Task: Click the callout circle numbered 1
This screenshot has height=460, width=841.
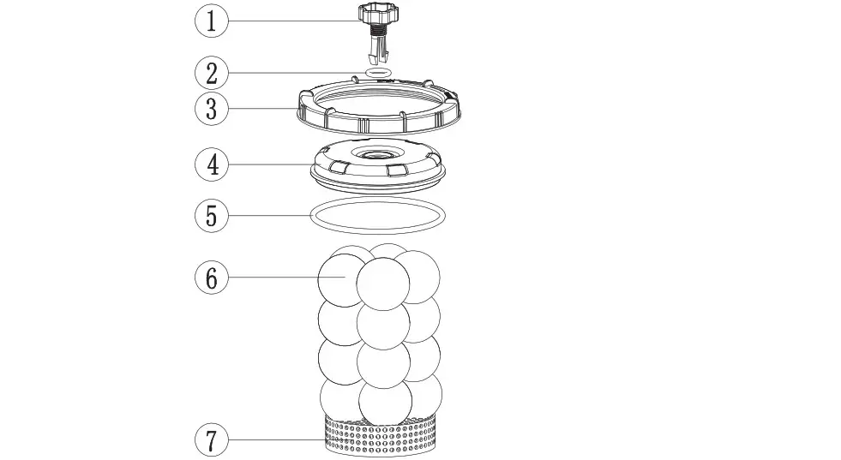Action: (212, 21)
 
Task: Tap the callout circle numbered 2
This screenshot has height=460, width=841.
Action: (212, 74)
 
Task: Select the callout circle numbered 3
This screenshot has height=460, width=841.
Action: (212, 109)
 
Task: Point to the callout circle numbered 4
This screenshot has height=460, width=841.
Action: (212, 164)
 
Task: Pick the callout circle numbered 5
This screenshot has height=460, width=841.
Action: (212, 214)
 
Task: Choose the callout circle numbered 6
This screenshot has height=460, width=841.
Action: (212, 278)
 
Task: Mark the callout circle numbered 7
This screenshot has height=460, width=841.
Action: (212, 440)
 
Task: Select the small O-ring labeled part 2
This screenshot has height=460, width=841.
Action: (377, 74)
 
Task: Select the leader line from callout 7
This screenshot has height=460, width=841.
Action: (274, 440)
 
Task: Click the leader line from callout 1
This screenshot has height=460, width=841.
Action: (291, 21)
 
